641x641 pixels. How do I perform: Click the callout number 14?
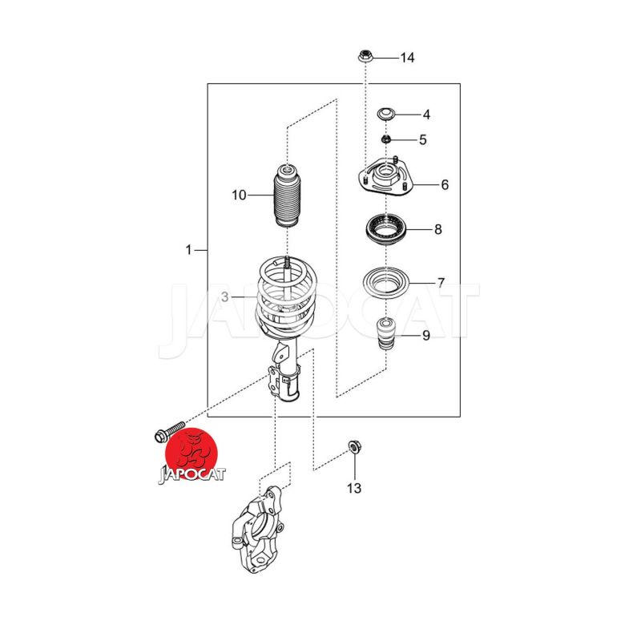tap(407, 58)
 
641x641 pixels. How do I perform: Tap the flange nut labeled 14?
tap(365, 55)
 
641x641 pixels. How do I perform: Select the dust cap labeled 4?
tap(386, 114)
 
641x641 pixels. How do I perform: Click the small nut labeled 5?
tap(385, 139)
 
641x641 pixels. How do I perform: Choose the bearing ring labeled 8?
tap(386, 230)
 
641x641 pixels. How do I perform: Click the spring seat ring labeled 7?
tap(386, 283)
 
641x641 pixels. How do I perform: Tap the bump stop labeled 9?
tap(386, 333)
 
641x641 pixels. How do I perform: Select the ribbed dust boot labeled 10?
tap(288, 196)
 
